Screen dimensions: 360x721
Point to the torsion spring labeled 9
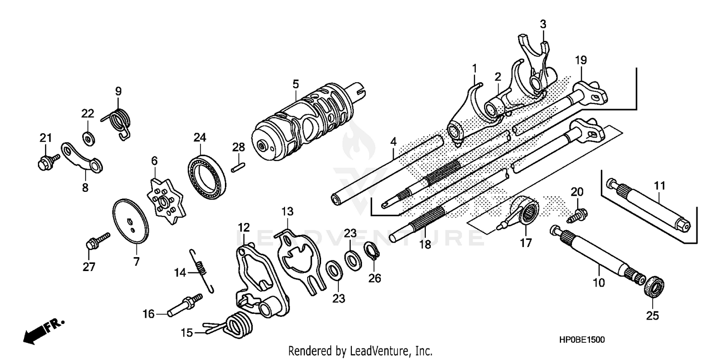point(119,122)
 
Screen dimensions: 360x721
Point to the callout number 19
point(581,60)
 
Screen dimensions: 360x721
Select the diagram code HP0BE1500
point(581,339)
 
